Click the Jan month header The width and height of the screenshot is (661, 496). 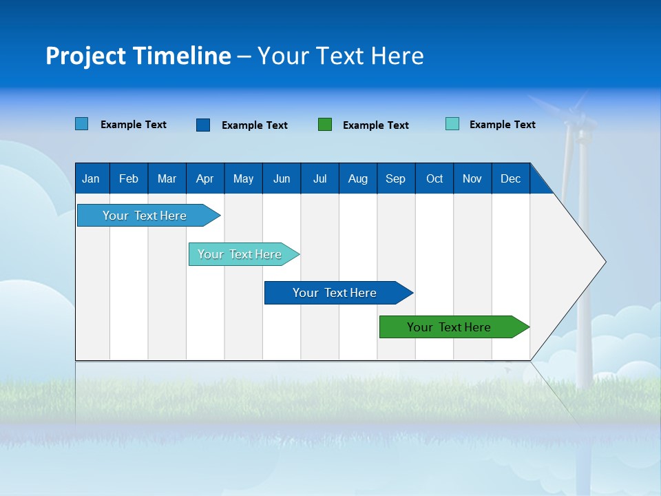coord(91,178)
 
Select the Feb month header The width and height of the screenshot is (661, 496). coord(129,178)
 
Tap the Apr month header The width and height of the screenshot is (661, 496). coord(204,178)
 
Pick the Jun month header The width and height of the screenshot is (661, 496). coord(282,178)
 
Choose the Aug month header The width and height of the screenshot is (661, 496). coord(358,178)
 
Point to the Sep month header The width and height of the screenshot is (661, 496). coord(396,178)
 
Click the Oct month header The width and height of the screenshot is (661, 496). coord(434,178)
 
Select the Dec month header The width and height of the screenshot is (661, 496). coord(511,178)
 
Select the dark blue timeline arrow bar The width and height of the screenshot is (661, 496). coord(335,293)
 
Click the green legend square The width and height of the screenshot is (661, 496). coord(325,125)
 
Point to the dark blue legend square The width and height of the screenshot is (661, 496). coord(203,125)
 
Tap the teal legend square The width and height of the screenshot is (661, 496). coord(452,124)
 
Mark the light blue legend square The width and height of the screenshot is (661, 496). coord(82,124)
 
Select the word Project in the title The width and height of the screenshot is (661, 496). coord(85,56)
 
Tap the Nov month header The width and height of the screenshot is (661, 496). coord(472,178)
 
